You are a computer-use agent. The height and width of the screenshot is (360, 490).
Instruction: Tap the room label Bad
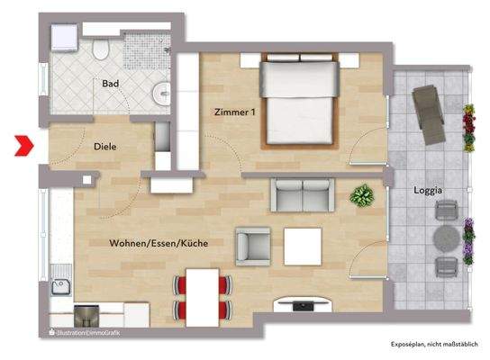tap(111, 84)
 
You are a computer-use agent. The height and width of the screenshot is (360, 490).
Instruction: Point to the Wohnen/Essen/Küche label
tap(156, 244)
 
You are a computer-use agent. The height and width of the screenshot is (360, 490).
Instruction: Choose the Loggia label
tap(426, 191)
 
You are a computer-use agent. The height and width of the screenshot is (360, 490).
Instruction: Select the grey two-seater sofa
tap(304, 193)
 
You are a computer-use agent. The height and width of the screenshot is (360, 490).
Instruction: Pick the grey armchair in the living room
tap(252, 244)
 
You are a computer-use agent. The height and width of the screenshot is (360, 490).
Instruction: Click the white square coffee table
tap(303, 245)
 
